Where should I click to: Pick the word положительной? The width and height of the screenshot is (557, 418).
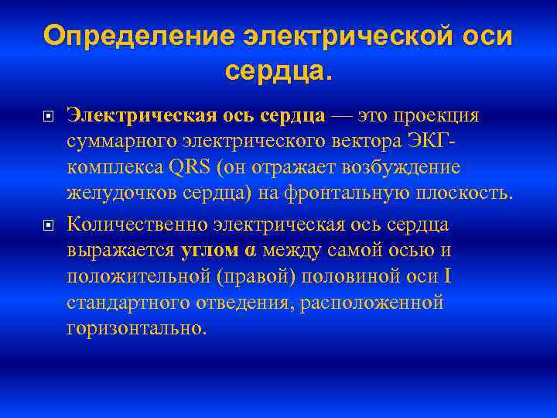(x=136, y=277)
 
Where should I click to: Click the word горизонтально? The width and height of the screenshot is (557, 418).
(x=136, y=330)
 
